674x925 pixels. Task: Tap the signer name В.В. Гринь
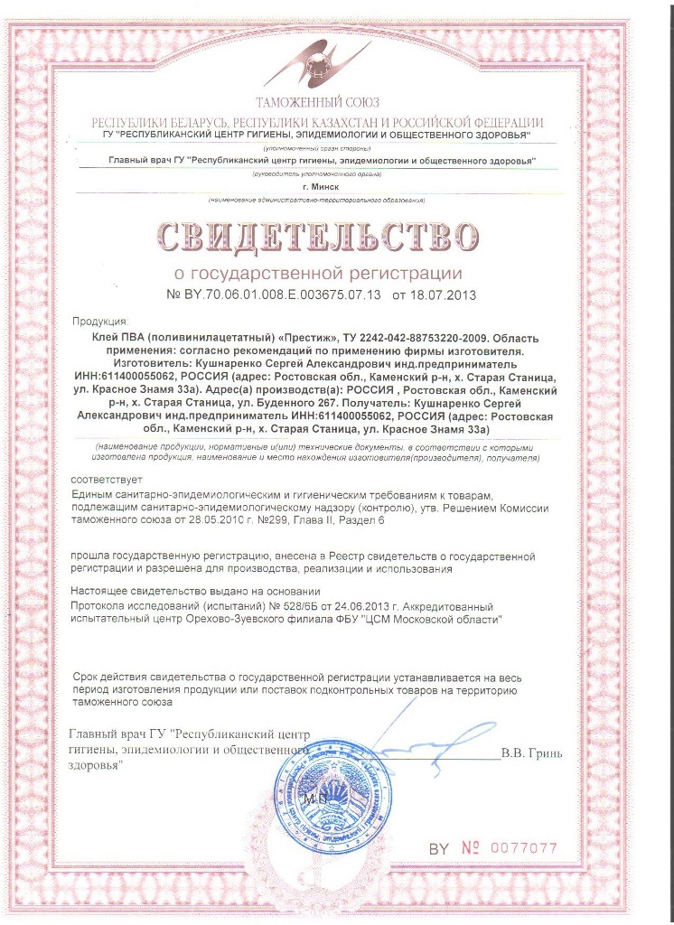click(x=532, y=752)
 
